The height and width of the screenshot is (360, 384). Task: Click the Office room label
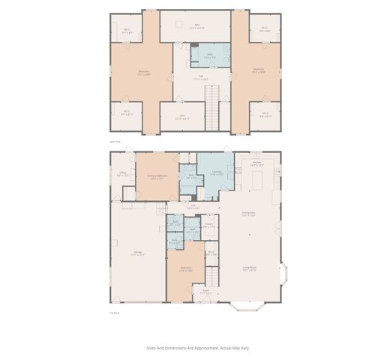pos(123,172)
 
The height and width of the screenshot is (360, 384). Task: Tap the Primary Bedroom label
pos(157,177)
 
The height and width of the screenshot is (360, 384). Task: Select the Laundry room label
pos(215,173)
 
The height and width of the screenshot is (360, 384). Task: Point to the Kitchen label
pos(256,163)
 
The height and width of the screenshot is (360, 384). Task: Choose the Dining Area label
pos(248,214)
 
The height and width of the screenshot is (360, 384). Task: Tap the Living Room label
pos(248,268)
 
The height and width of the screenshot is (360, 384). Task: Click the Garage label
pos(138,253)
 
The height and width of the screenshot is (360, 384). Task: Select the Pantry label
pos(209,224)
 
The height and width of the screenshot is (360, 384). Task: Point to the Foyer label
pos(205,292)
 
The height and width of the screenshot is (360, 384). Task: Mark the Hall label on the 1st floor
pos(193,206)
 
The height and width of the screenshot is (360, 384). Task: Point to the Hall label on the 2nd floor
pos(201,76)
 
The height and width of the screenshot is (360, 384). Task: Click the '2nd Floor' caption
pos(115,141)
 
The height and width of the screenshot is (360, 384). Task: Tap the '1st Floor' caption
pos(115,312)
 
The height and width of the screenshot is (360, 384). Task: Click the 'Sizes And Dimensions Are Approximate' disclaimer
pos(196,348)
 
